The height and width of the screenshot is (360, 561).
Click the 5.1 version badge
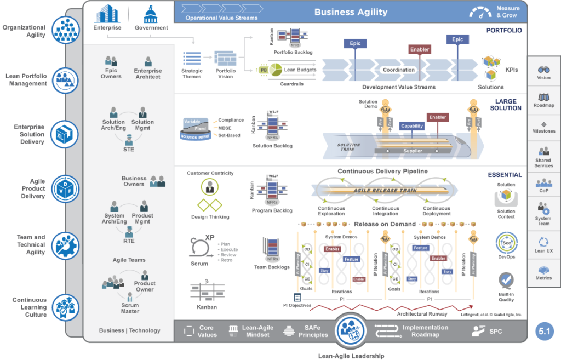point(545,331)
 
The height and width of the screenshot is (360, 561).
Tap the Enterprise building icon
point(107,14)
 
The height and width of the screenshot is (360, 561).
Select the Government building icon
point(151,14)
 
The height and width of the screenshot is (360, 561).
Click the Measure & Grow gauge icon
point(480,12)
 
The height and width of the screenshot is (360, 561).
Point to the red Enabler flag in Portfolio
point(420,49)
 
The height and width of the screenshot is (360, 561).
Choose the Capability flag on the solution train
point(412,125)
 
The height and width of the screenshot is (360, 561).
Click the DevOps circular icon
point(506,243)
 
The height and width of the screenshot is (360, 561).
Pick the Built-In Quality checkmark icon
point(506,281)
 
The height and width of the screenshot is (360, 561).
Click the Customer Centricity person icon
point(210,187)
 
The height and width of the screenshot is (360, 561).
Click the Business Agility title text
point(351,12)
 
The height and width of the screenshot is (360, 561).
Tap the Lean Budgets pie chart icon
point(275,70)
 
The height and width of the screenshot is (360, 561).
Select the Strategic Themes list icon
point(192,58)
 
